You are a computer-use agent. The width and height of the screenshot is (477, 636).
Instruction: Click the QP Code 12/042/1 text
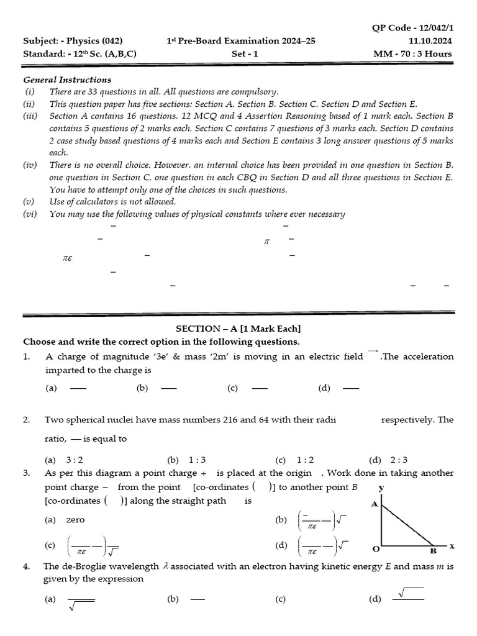tap(412, 29)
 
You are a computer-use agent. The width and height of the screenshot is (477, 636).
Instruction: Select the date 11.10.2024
tap(430, 41)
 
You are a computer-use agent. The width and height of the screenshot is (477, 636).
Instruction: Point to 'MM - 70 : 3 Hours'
tap(412, 53)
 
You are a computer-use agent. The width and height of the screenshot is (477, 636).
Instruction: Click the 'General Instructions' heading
tap(67, 79)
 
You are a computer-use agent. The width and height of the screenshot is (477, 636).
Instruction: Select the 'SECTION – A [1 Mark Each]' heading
tap(238, 329)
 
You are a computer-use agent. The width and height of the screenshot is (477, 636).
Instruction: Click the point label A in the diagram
tap(374, 504)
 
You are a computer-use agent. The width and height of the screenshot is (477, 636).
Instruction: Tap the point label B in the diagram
tap(433, 550)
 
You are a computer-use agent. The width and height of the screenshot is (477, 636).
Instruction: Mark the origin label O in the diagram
tap(375, 550)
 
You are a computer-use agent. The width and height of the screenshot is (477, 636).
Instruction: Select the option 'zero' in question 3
tap(75, 519)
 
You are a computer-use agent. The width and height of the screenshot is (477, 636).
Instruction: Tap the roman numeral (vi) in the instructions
tap(30, 214)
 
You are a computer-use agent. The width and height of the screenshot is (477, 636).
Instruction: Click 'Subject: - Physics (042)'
tap(67, 41)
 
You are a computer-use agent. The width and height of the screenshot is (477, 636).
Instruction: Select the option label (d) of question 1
tap(324, 388)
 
